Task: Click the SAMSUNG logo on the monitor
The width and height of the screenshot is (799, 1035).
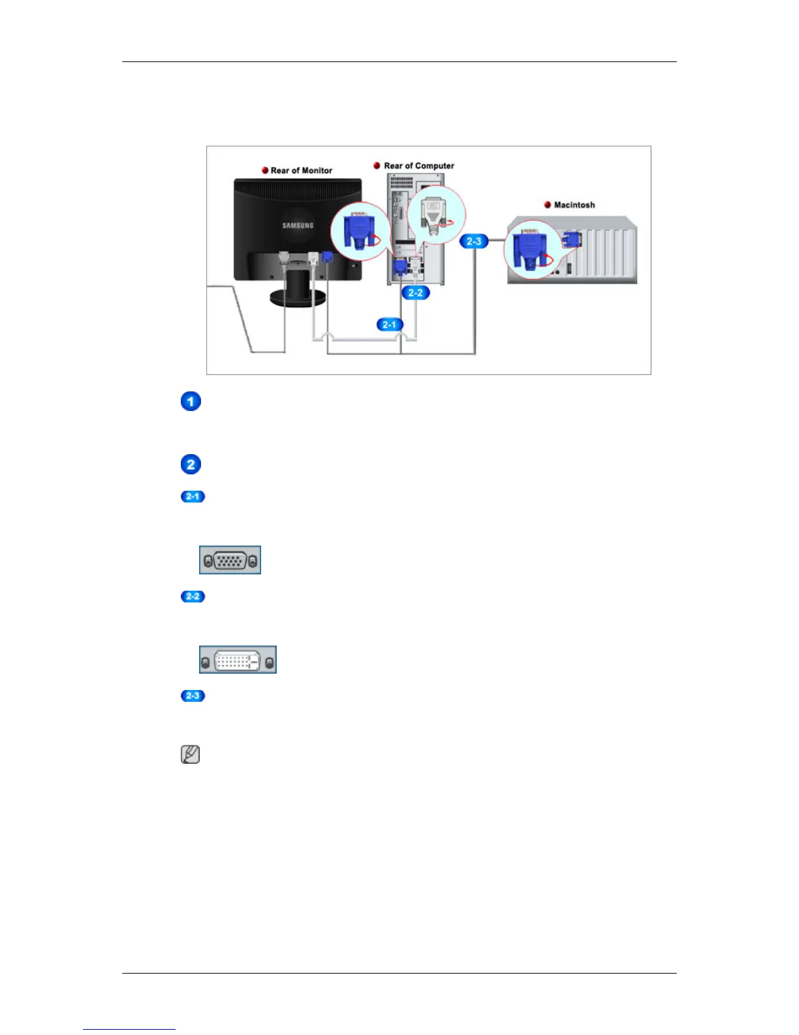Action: click(298, 225)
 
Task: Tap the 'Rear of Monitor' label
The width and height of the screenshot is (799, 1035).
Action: click(301, 171)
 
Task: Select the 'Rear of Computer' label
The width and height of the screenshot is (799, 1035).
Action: click(418, 166)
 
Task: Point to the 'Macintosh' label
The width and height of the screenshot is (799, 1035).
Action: click(574, 205)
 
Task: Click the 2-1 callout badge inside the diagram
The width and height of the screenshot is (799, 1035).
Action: click(389, 325)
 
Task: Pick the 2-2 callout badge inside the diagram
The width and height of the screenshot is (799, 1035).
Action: click(415, 293)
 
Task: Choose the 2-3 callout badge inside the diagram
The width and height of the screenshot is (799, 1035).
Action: click(474, 242)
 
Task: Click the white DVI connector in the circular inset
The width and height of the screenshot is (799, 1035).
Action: click(433, 214)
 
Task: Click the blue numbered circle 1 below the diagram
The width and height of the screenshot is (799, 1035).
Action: click(191, 401)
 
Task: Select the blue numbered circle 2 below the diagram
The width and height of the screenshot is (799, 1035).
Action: click(191, 465)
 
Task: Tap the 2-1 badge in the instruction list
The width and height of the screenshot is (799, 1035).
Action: click(193, 497)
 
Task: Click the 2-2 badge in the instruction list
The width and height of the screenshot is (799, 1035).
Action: click(193, 597)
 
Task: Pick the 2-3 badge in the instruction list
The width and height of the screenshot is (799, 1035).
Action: click(193, 696)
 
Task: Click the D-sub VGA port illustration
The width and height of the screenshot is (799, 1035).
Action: click(230, 561)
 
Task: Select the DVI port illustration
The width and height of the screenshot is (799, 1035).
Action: click(238, 660)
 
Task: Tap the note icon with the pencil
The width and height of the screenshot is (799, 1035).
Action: click(190, 755)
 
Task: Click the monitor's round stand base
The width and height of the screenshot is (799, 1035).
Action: click(298, 299)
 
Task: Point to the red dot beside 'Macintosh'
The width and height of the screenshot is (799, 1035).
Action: click(548, 205)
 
